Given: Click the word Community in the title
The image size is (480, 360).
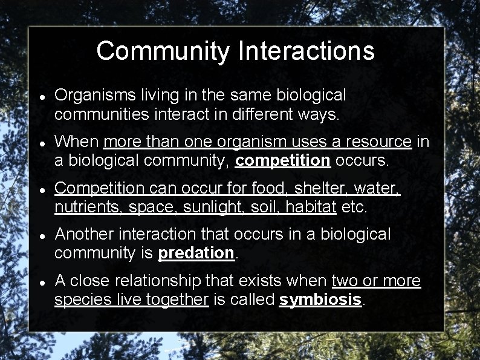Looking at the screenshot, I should (x=163, y=51).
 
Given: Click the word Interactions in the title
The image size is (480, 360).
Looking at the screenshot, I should (x=306, y=51).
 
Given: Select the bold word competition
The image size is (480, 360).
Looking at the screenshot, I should (x=283, y=160).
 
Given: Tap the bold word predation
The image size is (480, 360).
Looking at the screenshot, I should (x=196, y=253).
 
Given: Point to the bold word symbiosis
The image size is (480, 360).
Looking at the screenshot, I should (x=320, y=299).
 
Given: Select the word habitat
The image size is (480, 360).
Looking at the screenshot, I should (x=310, y=207).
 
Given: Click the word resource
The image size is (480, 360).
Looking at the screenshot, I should (x=377, y=142).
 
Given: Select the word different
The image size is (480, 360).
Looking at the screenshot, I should (x=260, y=114).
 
